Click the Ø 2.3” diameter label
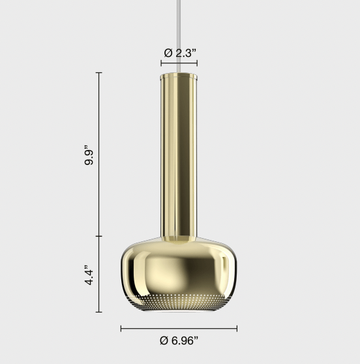pos(179,53)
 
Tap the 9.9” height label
pos(90,157)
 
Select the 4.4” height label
pos(90,275)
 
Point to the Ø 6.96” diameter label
pos(179,340)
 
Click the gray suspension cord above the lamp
pos(179,33)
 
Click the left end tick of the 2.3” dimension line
pos(161,64)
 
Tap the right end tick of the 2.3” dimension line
pos(196,64)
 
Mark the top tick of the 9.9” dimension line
pos(99,72)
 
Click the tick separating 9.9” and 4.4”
pos(99,236)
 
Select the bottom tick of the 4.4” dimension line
pos(99,312)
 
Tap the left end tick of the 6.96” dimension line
pos(121,328)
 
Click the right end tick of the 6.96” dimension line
pos(237,328)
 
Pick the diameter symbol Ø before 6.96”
pos(164,340)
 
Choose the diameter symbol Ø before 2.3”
pos(167,53)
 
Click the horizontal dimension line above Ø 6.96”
pos(179,328)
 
